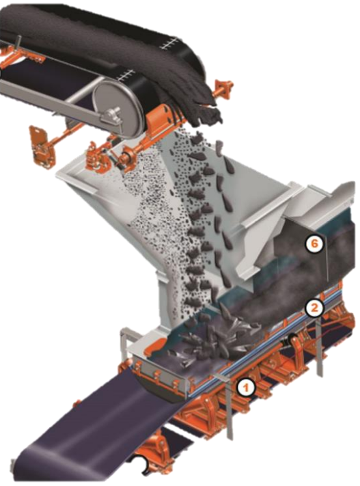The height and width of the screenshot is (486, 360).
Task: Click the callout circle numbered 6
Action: click(314, 243)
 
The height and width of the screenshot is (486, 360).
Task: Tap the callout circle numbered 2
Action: click(314, 308)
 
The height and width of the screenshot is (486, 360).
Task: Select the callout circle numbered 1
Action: click(246, 388)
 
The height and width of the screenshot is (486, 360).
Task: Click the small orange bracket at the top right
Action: click(223, 87)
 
